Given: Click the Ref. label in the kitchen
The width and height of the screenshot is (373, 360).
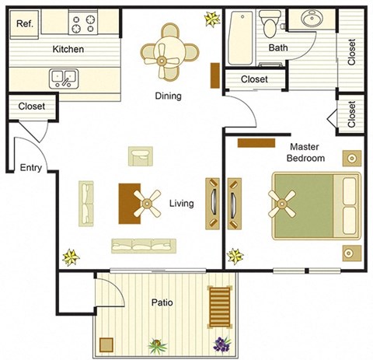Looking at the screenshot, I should (24, 24).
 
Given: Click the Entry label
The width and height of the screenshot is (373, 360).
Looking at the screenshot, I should (31, 168).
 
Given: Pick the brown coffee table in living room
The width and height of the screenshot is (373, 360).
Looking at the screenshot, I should (127, 202).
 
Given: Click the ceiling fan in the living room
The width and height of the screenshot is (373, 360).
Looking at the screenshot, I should (145, 204).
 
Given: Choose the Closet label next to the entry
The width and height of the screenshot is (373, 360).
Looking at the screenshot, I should (31, 107).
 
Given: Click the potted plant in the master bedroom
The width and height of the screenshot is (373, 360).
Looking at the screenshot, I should (234, 255).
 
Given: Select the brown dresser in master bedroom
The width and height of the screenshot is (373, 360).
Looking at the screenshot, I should (256, 142).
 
